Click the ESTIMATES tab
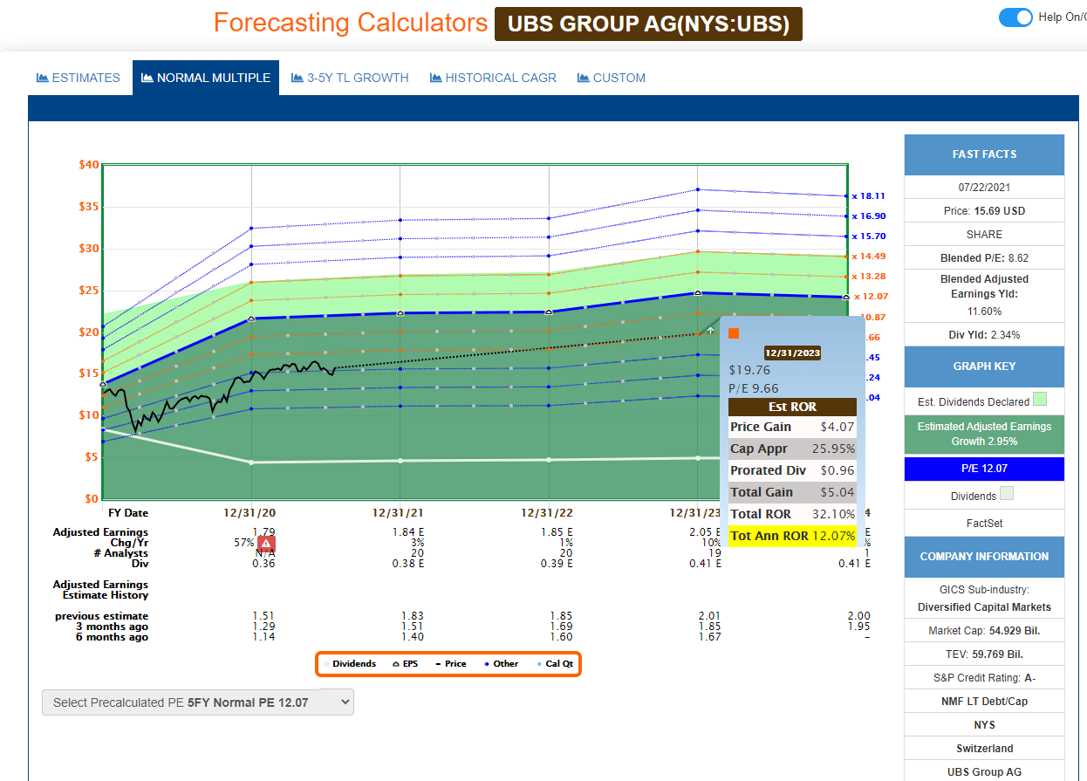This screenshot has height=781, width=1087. (x=79, y=78)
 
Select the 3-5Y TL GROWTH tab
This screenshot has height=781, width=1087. (x=350, y=78)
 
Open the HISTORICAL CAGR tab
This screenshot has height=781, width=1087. (x=493, y=78)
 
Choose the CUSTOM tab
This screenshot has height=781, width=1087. (x=612, y=78)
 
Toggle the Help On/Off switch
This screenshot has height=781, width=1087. (x=1015, y=17)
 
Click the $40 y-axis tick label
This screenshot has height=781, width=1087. (x=88, y=165)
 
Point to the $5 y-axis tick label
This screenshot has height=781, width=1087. (x=92, y=457)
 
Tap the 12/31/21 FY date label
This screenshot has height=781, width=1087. (x=399, y=513)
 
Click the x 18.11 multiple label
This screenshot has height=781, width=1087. (x=868, y=196)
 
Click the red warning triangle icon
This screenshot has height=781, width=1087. (x=267, y=544)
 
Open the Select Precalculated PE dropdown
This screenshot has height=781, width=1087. (x=198, y=702)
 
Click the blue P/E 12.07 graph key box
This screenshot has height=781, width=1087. (x=984, y=469)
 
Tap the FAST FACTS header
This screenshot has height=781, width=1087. (x=984, y=154)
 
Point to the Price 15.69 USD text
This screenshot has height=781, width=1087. (x=984, y=211)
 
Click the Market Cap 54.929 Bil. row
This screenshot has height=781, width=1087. (x=984, y=631)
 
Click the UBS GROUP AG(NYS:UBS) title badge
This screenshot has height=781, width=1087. (x=648, y=24)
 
